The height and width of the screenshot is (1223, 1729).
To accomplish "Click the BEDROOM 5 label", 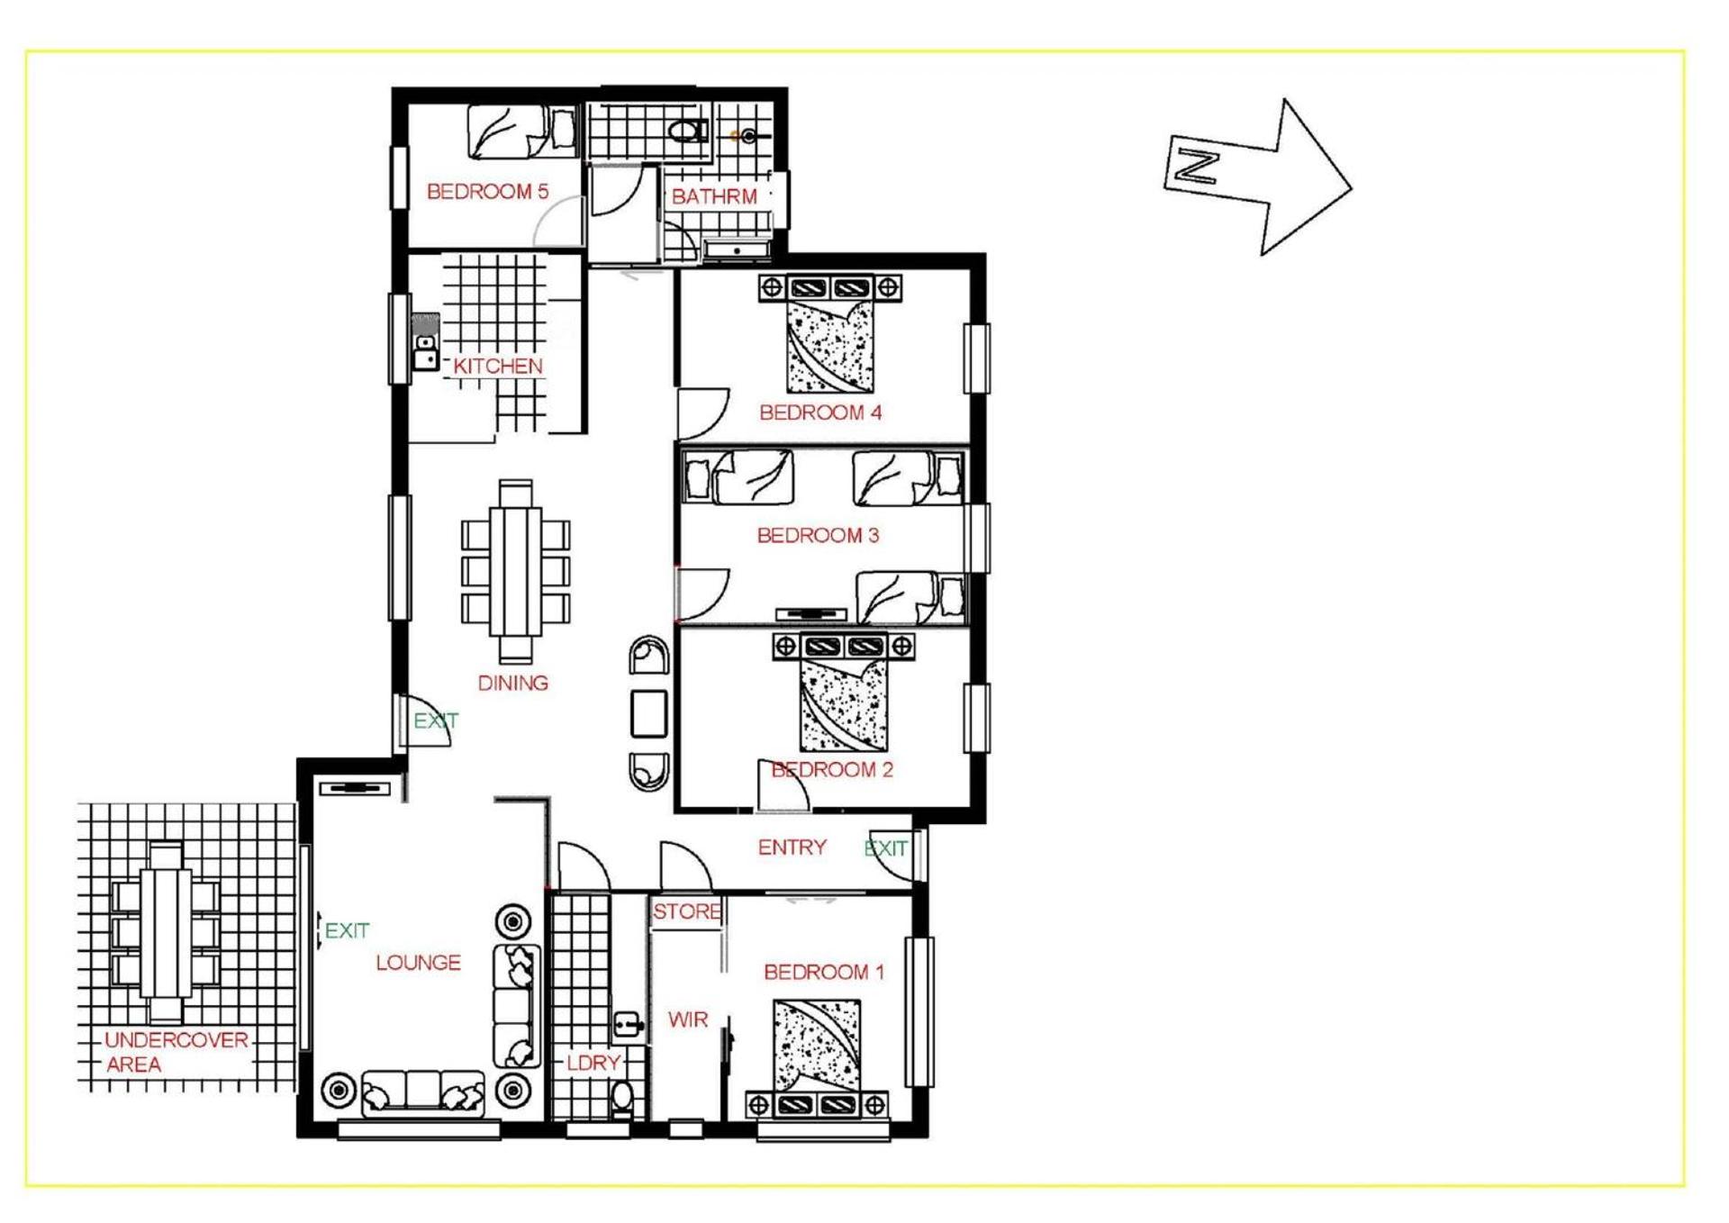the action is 487,191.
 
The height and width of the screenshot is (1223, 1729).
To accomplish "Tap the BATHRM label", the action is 714,196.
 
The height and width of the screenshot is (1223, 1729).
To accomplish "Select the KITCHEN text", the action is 498,366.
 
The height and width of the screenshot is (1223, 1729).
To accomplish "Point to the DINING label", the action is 512,683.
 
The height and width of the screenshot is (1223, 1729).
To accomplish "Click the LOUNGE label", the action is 418,962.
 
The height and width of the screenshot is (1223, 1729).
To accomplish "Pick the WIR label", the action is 688,1019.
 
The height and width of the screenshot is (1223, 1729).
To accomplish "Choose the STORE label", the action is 687,911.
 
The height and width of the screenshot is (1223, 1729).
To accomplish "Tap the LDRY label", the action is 593,1063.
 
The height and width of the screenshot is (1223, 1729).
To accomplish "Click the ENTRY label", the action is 792,847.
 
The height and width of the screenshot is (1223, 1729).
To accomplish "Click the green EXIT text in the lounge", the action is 347,930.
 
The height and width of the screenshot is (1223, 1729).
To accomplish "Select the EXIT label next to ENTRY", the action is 886,847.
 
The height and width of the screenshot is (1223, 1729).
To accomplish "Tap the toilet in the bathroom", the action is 688,131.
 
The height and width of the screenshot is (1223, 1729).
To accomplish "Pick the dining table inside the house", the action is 515,572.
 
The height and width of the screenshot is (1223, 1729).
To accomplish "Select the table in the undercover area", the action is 166,932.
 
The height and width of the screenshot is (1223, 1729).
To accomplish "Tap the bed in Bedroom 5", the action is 521,131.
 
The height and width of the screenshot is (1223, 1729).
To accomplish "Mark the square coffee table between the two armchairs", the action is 648,714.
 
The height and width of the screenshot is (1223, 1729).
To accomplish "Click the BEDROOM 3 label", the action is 818,535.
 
